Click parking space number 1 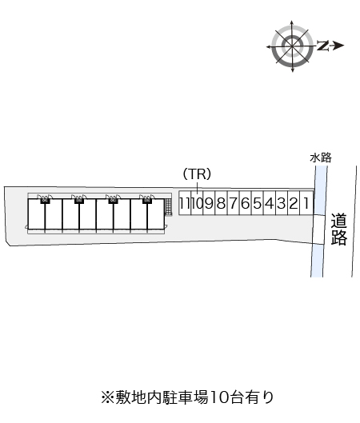(x=306, y=203)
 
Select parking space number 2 (x=294, y=203)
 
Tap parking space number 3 (x=282, y=203)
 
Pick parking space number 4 (x=270, y=203)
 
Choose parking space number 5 (x=258, y=203)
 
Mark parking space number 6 (x=246, y=203)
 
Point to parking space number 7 (x=234, y=203)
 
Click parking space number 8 (x=222, y=203)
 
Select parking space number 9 (x=209, y=203)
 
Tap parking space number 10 (x=197, y=203)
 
